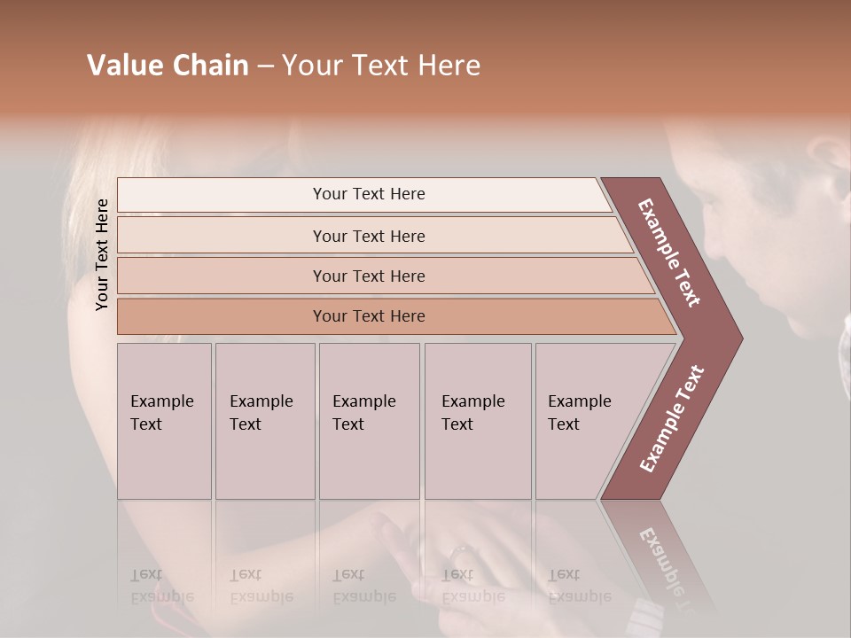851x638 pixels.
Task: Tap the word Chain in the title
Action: pos(209,66)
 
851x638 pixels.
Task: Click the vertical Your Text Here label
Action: pos(102,254)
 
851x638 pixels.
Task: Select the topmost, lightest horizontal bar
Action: pos(368,194)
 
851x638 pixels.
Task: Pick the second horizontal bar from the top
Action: pos(368,236)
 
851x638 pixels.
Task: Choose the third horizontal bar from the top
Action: pos(368,276)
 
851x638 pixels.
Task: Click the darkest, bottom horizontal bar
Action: pos(368,316)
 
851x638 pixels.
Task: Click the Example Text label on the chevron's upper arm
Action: pos(669,253)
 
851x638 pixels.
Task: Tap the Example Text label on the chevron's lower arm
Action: pos(671,419)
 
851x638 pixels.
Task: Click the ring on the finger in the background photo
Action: pos(460,554)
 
